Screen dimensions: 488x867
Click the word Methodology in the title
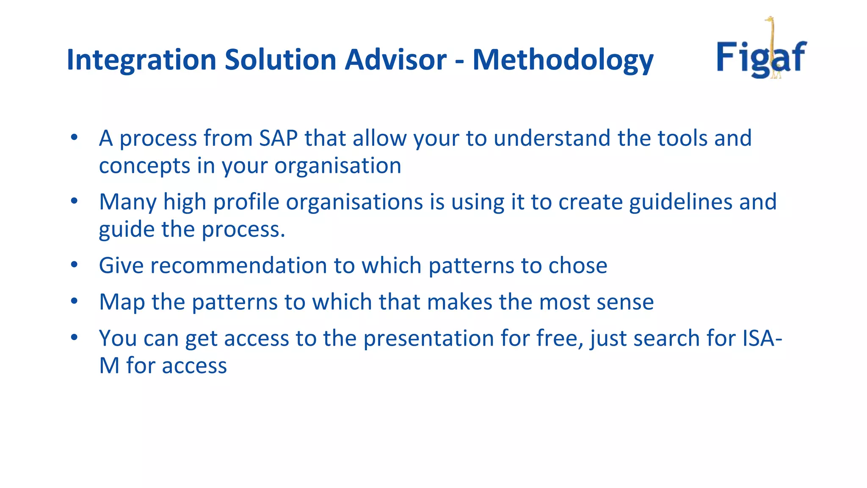pyautogui.click(x=563, y=60)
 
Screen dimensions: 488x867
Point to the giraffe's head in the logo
pyautogui.click(x=769, y=19)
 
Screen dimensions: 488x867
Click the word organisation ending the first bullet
pyautogui.click(x=337, y=166)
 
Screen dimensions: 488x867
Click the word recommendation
pyautogui.click(x=238, y=266)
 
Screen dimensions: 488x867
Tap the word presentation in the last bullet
pyautogui.click(x=428, y=338)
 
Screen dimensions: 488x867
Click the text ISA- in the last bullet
pyautogui.click(x=762, y=338)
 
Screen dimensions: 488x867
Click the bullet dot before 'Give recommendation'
pyautogui.click(x=75, y=265)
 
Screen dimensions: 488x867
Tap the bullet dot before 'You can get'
pyautogui.click(x=75, y=338)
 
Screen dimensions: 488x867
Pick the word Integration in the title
pyautogui.click(x=141, y=60)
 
